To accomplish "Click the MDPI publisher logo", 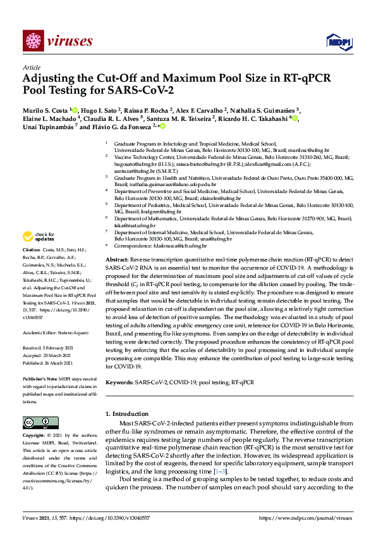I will click(338, 42).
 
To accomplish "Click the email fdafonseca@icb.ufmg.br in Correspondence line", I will click(178, 244).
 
